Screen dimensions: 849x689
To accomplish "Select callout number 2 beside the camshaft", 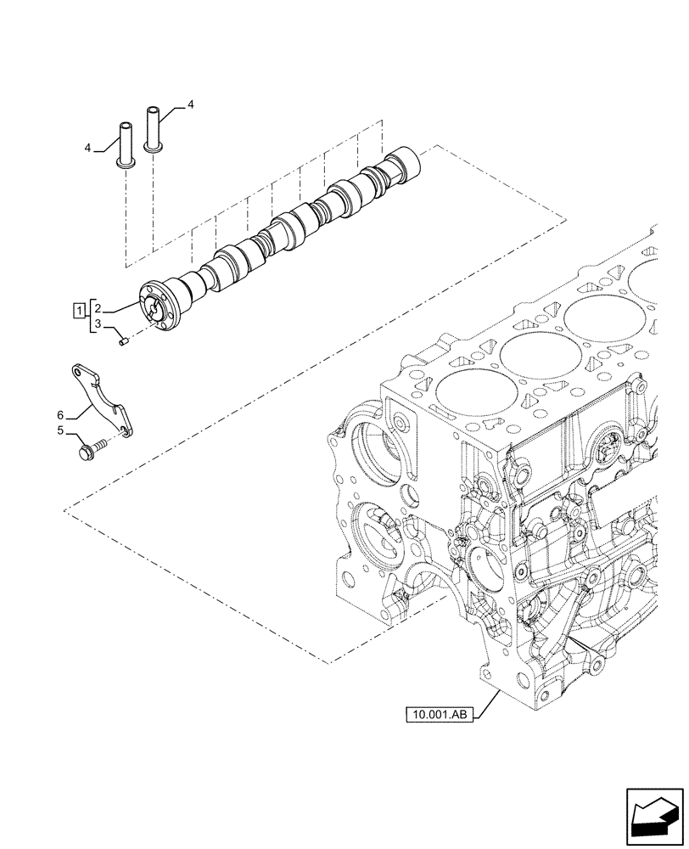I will click(x=98, y=307).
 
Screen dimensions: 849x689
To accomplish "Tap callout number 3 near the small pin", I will click(x=98, y=324).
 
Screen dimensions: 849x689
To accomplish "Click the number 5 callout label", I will click(x=60, y=430).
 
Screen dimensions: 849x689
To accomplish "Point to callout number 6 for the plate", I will click(x=60, y=414).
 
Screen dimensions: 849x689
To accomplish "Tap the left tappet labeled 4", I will click(x=123, y=147).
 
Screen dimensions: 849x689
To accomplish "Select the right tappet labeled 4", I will click(x=154, y=127).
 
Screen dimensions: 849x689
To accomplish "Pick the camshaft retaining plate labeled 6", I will click(x=101, y=398).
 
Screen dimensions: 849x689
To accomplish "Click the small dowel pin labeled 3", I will click(x=123, y=341).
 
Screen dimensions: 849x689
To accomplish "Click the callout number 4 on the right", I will click(x=190, y=104).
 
